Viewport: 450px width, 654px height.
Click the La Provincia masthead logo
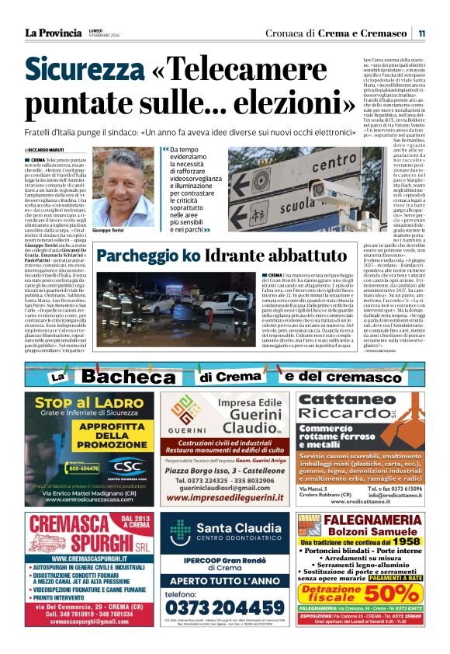(53, 33)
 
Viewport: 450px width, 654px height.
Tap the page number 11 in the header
(421, 33)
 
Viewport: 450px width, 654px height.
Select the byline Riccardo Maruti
(48, 150)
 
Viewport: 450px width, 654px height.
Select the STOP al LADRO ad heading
(81, 405)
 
